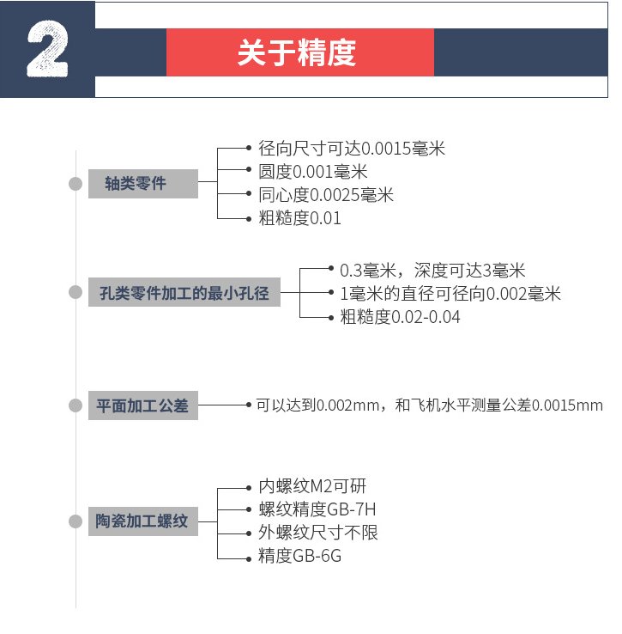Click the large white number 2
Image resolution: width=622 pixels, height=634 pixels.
click(47, 49)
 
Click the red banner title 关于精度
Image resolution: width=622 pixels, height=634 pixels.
click(297, 52)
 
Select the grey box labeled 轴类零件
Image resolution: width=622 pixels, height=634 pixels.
click(143, 184)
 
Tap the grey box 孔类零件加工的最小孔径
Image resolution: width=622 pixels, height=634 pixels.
click(184, 292)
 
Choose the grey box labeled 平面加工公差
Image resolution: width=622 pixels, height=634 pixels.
click(143, 405)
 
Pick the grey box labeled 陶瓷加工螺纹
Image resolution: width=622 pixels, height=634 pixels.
click(143, 521)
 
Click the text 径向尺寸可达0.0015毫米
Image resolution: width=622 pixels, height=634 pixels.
click(352, 149)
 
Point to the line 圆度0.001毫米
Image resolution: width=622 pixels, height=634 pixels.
click(313, 172)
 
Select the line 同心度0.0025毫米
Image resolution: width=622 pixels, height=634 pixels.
click(326, 195)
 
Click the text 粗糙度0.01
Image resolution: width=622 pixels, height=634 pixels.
click(299, 218)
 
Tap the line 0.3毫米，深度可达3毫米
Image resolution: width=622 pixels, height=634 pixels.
click(432, 270)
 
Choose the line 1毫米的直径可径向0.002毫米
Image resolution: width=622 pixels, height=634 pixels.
click(450, 294)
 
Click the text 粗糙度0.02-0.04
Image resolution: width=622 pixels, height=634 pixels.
click(400, 317)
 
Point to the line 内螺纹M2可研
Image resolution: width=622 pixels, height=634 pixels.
click(312, 486)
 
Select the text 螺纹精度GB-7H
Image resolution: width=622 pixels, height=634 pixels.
click(317, 509)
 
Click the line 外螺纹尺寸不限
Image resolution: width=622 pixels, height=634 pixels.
click(318, 533)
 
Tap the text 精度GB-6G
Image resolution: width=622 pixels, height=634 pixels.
click(300, 556)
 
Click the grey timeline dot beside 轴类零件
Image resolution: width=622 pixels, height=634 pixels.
click(75, 184)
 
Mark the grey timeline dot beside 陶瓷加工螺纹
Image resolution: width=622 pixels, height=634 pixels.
click(75, 521)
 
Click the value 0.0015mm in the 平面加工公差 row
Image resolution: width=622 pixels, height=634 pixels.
click(567, 405)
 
